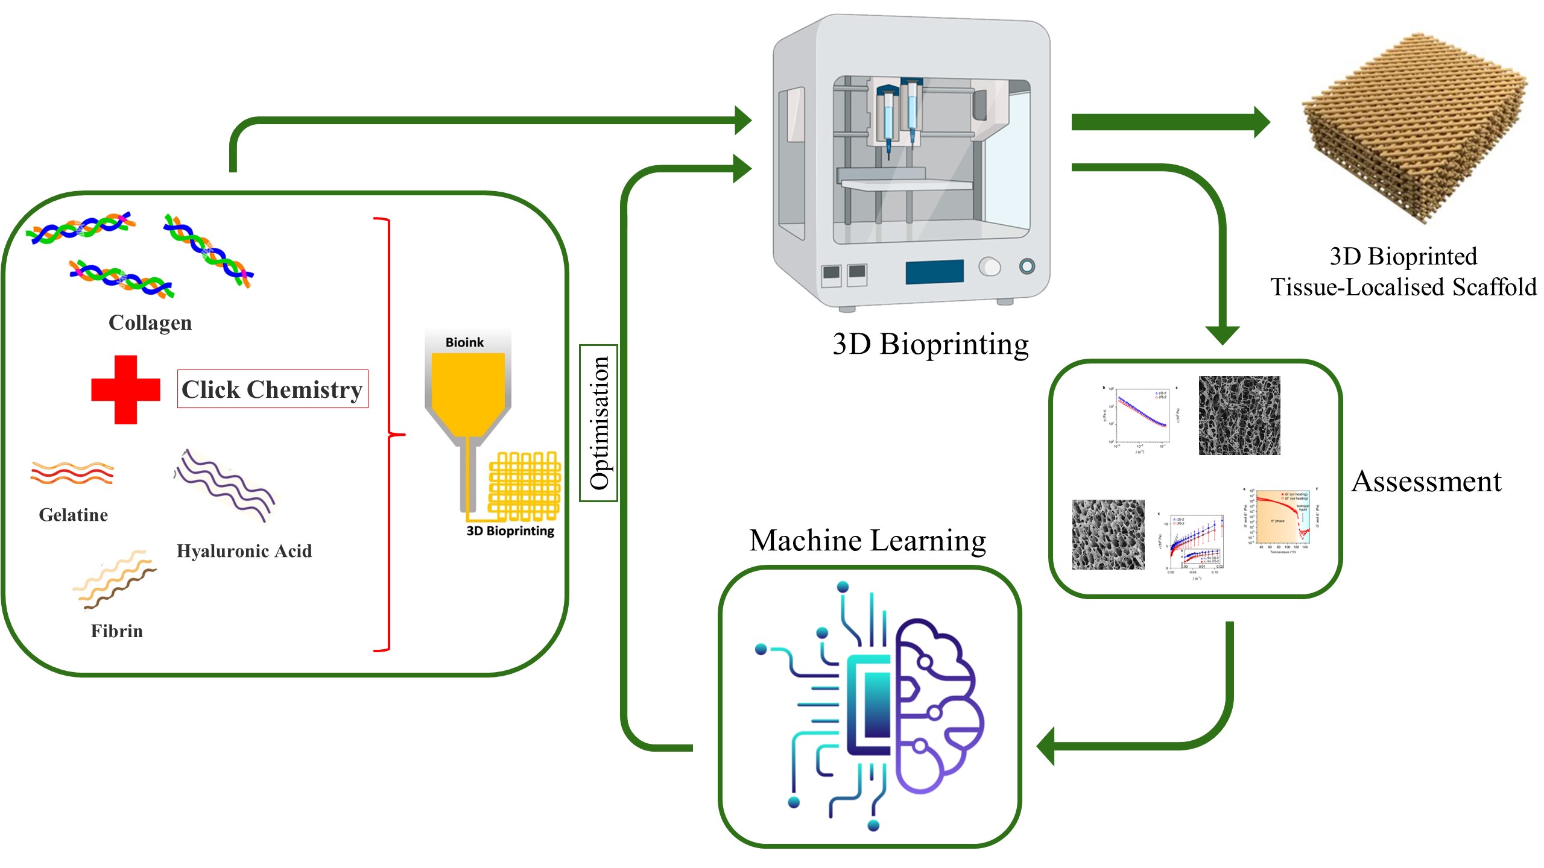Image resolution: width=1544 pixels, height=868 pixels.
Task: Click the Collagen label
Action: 150,322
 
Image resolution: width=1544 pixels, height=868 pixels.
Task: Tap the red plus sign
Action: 125,389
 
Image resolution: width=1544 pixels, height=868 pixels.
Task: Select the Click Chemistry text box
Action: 272,389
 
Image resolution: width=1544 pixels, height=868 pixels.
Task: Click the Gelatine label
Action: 73,515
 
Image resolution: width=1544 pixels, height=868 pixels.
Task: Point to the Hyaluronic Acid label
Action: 244,551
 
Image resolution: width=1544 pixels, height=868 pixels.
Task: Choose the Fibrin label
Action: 116,631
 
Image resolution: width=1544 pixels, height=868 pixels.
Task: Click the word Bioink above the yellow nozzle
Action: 464,342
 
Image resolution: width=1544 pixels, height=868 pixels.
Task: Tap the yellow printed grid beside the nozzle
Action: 524,485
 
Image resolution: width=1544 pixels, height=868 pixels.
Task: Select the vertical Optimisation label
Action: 598,423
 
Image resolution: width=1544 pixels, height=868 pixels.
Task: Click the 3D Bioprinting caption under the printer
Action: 930,345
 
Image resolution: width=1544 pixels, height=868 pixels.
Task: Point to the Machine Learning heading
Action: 867,540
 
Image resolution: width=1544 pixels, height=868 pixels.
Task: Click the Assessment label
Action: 1426,482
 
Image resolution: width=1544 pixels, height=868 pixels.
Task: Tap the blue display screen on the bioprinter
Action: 934,272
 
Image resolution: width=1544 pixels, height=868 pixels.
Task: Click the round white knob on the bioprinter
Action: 989,266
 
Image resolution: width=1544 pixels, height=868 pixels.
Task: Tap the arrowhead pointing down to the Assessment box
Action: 1223,335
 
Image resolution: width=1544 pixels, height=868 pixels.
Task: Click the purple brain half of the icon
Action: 938,705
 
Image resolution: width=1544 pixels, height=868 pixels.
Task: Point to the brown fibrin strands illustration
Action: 115,579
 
